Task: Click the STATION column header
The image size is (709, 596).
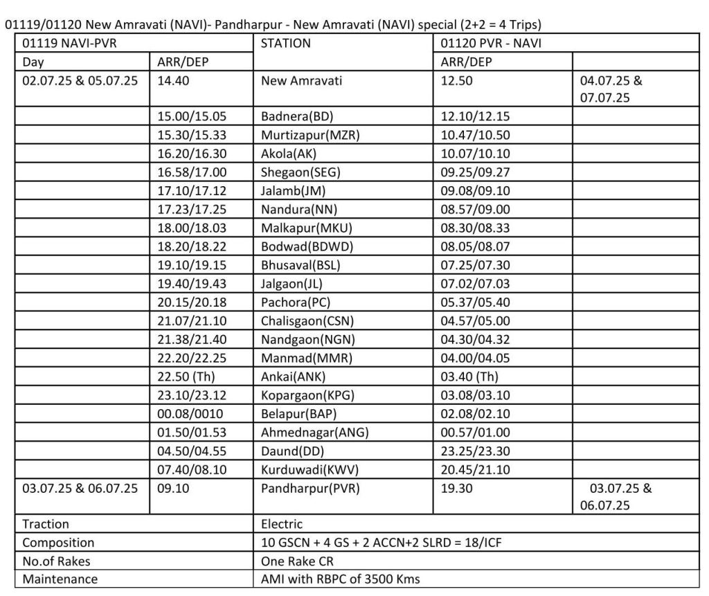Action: pyautogui.click(x=285, y=44)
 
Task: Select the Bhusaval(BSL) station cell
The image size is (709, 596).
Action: pyautogui.click(x=300, y=266)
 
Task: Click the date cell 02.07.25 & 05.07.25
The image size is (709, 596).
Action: pyautogui.click(x=80, y=80)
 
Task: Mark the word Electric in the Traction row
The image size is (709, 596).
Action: pyautogui.click(x=282, y=524)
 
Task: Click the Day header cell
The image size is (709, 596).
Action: pyautogui.click(x=33, y=62)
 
